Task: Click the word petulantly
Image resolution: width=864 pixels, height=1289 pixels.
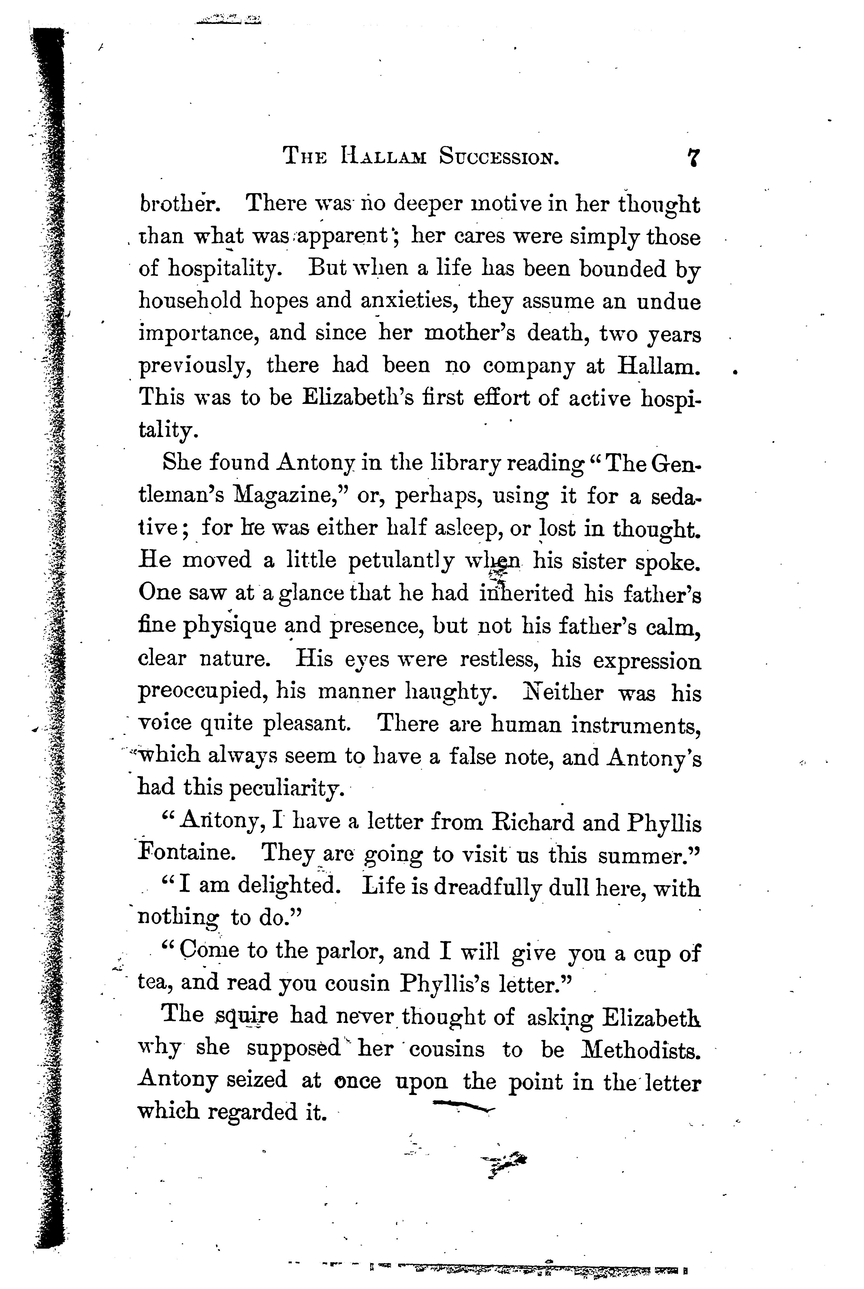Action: click(x=402, y=561)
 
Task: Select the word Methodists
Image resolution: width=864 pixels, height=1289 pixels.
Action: click(x=641, y=1048)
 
